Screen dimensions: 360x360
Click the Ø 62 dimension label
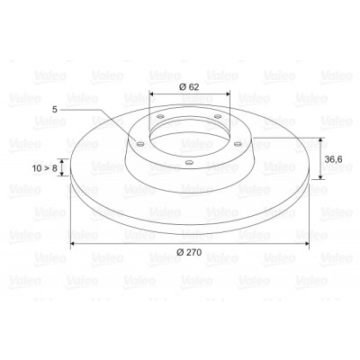pos(189,87)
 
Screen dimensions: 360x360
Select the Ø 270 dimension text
pos(189,252)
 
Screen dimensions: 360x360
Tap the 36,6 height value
pos(334,159)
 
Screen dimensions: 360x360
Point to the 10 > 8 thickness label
pos(44,168)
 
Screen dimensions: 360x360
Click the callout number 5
pos(54,110)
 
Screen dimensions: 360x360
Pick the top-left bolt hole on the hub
pos(161,116)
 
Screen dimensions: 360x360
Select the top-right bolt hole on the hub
pos(218,116)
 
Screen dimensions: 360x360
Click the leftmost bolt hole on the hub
pos(139,144)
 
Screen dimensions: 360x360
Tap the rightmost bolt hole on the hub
pos(238,144)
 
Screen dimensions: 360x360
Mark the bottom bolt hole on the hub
pos(189,163)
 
